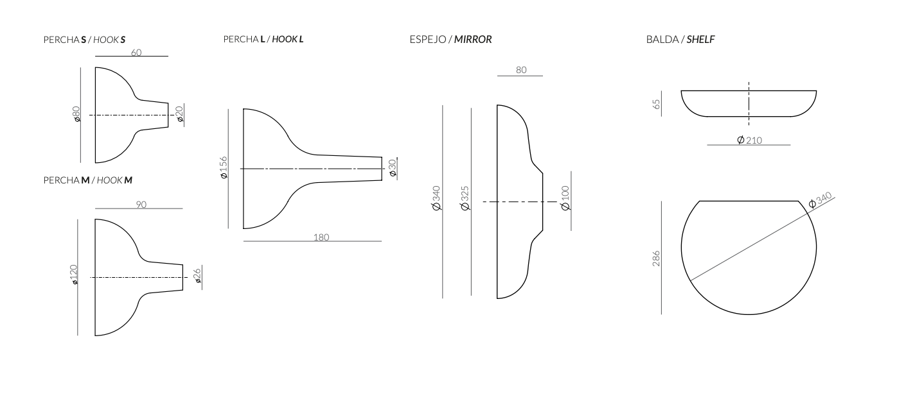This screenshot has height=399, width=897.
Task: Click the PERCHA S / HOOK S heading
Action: pos(84,40)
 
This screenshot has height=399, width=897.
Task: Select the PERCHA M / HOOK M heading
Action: pos(87,180)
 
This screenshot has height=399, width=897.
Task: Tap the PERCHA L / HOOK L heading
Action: pos(263,39)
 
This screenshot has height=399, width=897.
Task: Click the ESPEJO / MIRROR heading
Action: pos(450,39)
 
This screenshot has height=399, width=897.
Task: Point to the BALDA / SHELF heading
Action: pos(680,39)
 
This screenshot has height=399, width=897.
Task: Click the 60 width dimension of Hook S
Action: pos(136,53)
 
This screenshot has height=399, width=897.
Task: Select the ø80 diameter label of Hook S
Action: pos(76,114)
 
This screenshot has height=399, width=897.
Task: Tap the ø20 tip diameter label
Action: pos(179,114)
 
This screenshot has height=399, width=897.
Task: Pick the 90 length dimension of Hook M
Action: pos(141,205)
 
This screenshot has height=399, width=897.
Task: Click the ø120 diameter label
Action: pos(74,275)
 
